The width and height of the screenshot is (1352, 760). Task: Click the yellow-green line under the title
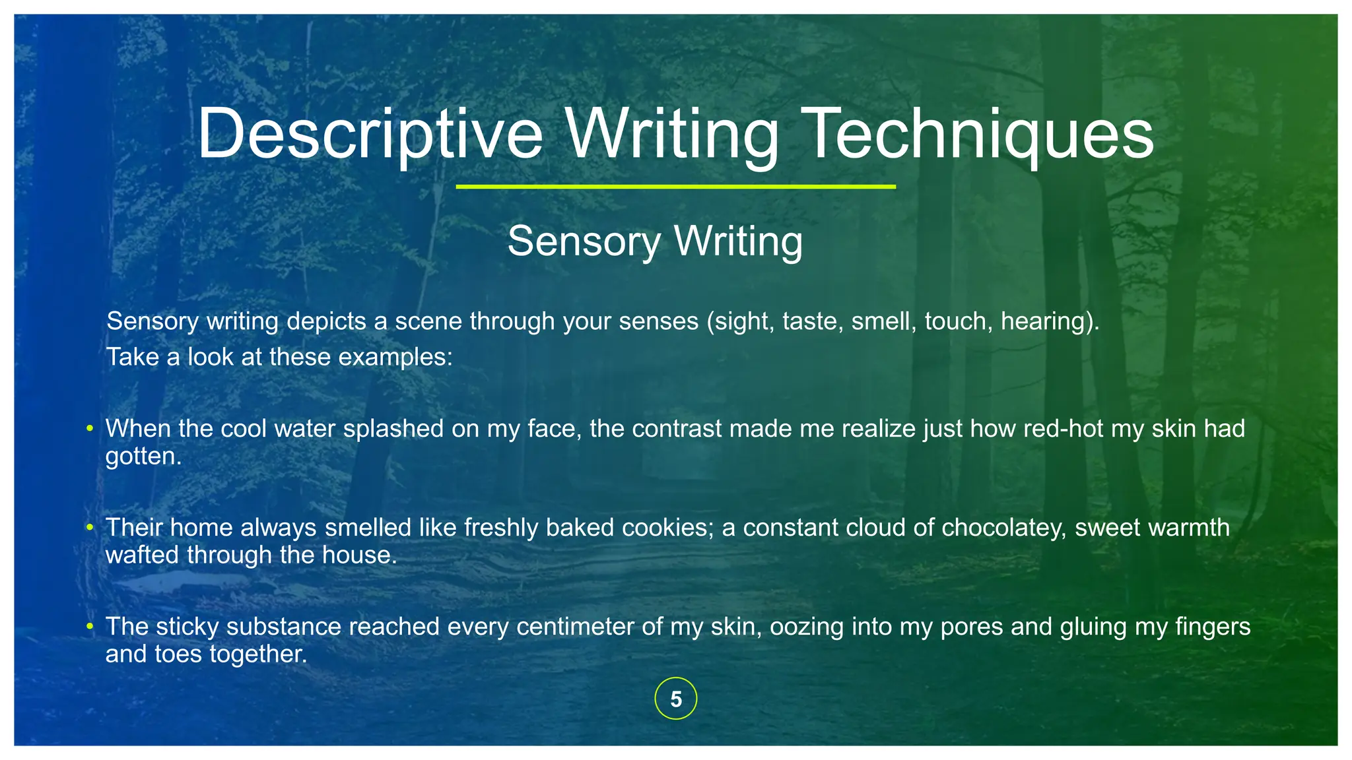tap(675, 187)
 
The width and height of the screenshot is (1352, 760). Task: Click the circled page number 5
tap(675, 699)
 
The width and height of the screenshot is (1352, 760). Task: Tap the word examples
tap(395, 357)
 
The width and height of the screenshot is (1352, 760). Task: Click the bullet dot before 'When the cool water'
tap(90, 429)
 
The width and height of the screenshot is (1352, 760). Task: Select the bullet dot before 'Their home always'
tap(90, 528)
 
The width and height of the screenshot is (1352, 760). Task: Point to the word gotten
tap(143, 456)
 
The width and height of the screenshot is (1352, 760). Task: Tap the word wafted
tap(143, 555)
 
